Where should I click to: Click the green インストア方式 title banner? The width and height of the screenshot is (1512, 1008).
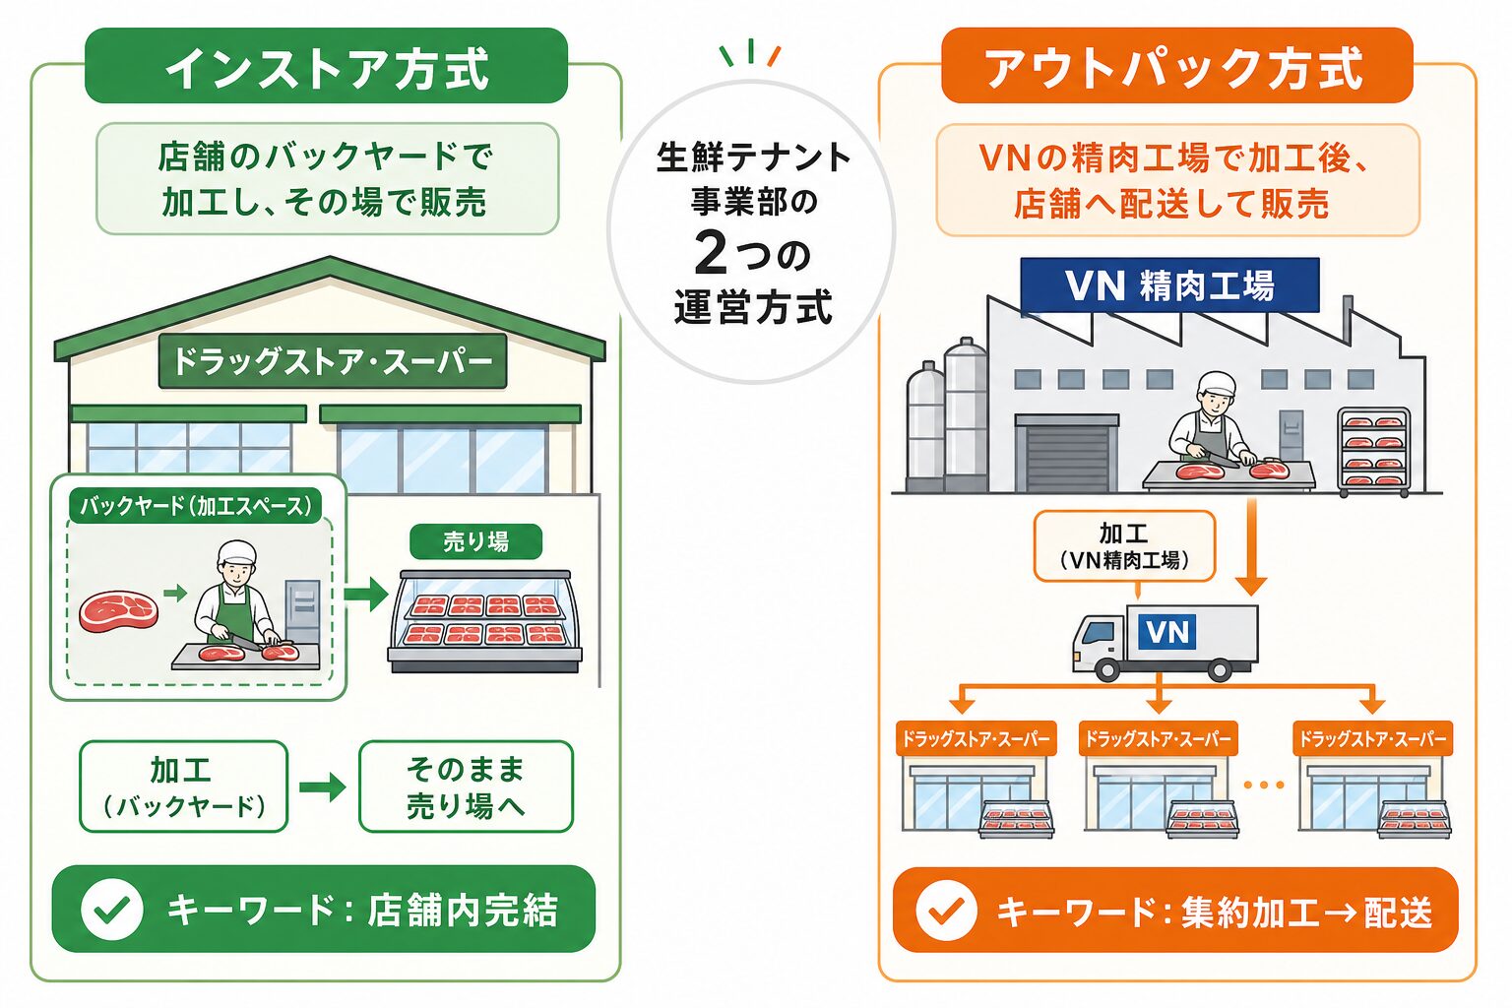click(x=326, y=66)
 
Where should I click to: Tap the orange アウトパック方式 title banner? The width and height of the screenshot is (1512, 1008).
click(x=1177, y=66)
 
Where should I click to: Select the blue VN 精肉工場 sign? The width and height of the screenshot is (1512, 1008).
click(x=1169, y=284)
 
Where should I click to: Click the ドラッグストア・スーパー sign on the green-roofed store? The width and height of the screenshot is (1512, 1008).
click(x=332, y=361)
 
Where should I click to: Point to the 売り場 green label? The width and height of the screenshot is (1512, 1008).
click(x=475, y=541)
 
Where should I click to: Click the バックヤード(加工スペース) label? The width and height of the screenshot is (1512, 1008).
click(x=196, y=506)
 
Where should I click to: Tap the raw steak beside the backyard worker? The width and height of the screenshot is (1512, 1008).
click(x=119, y=611)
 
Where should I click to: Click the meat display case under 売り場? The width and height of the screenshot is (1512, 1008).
click(x=484, y=621)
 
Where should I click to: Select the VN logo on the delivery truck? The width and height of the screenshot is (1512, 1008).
click(x=1167, y=631)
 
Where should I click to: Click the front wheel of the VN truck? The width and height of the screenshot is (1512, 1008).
click(x=1107, y=669)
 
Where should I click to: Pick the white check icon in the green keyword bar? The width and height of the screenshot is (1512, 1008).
click(x=111, y=909)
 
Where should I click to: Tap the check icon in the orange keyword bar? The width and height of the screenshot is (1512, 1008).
click(x=947, y=911)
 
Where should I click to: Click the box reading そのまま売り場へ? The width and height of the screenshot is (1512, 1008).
click(x=466, y=787)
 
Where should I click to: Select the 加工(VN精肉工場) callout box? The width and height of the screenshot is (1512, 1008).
click(x=1124, y=545)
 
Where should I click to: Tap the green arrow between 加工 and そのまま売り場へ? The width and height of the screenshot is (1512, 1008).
click(x=323, y=787)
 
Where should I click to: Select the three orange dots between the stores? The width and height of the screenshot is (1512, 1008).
click(x=1263, y=785)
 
